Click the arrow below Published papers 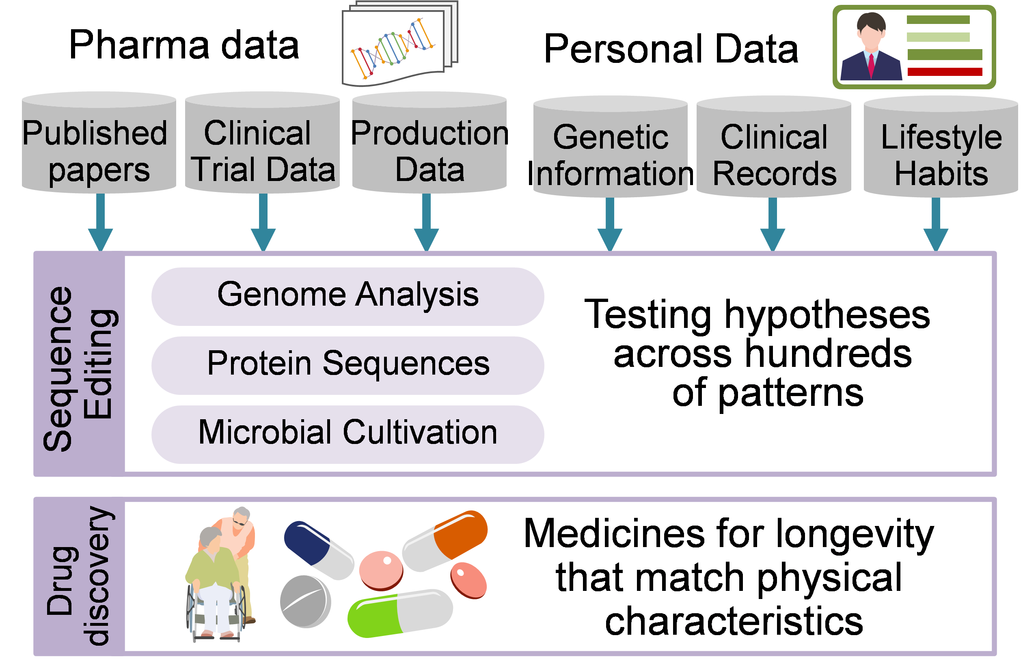point(101,223)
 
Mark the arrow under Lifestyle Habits point(936,226)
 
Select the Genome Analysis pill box point(347,296)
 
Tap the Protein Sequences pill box point(347,365)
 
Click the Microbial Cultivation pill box point(347,434)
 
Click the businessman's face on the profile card point(871,37)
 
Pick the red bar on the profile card point(945,72)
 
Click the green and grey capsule point(400,612)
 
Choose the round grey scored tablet point(305,601)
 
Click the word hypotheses point(827,316)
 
